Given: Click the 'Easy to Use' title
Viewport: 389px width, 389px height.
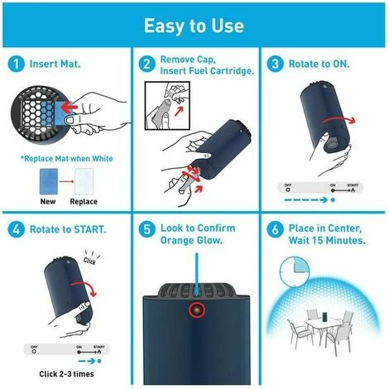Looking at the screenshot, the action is (x=194, y=26).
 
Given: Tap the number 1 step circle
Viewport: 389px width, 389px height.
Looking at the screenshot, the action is (x=16, y=64).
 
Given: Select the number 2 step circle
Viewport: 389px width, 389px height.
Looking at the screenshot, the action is (x=146, y=64).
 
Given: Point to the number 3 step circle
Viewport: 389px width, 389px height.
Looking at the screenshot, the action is (x=275, y=64).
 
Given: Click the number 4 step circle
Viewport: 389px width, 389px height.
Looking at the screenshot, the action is (x=16, y=229).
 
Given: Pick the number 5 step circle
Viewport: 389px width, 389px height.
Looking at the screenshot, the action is (x=146, y=229).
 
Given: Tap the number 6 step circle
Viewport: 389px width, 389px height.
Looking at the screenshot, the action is (x=275, y=229).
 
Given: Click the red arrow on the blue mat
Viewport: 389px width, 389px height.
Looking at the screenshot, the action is (x=69, y=107).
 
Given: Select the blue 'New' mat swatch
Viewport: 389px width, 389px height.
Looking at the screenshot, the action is (x=49, y=181).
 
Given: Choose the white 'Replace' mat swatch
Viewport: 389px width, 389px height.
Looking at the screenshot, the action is (x=84, y=181).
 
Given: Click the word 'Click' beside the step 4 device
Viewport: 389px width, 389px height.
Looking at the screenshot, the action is (x=89, y=261).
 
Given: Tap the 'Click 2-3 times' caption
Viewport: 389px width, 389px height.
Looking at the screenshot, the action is (x=66, y=374).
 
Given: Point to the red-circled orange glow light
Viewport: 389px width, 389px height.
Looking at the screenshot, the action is (x=197, y=310).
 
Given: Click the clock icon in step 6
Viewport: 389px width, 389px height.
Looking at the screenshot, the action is (x=295, y=272).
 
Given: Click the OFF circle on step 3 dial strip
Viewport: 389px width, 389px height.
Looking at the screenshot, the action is (x=288, y=190).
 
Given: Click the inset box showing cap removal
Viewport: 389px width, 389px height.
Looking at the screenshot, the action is (x=167, y=105).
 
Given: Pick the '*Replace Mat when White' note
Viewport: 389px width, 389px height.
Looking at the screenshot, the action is (x=67, y=159).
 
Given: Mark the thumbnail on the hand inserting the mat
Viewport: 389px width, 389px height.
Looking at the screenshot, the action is (x=70, y=120).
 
